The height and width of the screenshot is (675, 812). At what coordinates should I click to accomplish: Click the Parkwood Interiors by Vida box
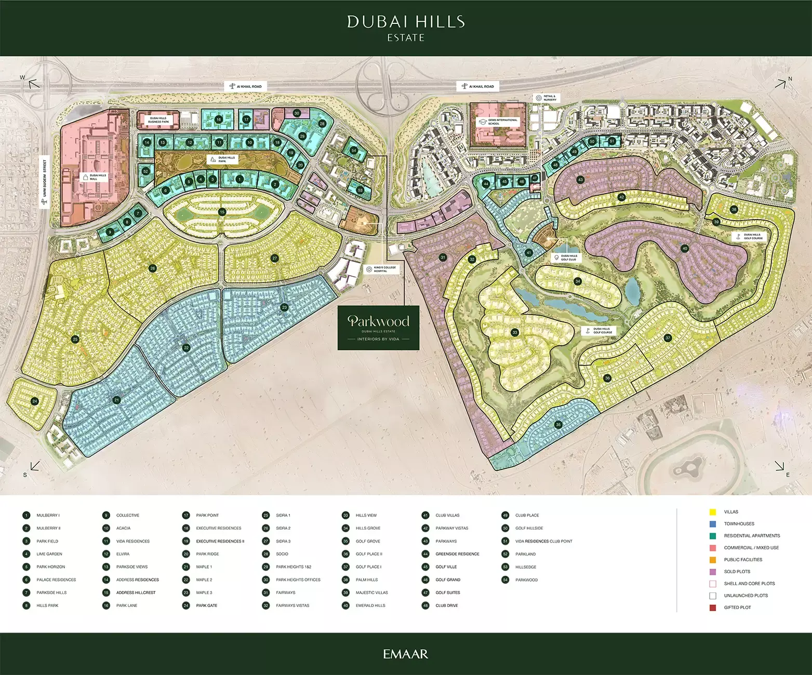(378, 328)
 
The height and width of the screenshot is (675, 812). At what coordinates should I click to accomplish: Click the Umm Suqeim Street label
(45, 182)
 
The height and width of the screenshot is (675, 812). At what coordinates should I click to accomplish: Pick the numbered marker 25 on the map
(75, 339)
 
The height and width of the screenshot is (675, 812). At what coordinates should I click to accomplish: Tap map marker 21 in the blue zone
(117, 400)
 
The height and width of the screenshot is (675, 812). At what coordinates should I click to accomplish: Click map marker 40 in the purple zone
(685, 248)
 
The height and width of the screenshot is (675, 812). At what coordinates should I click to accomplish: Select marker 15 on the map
(222, 212)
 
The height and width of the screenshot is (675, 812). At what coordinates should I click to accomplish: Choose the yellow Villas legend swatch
(713, 512)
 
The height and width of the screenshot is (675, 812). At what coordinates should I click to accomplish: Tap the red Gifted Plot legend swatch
(713, 607)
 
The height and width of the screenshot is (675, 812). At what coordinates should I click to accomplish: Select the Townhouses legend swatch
(713, 524)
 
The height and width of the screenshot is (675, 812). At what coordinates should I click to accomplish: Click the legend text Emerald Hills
(370, 605)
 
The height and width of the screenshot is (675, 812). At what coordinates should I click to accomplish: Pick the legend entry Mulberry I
(48, 516)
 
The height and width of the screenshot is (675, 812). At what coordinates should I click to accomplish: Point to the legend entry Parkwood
(526, 580)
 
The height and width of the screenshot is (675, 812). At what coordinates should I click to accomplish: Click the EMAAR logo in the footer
(406, 654)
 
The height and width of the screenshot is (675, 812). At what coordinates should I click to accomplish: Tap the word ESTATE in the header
(406, 38)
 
